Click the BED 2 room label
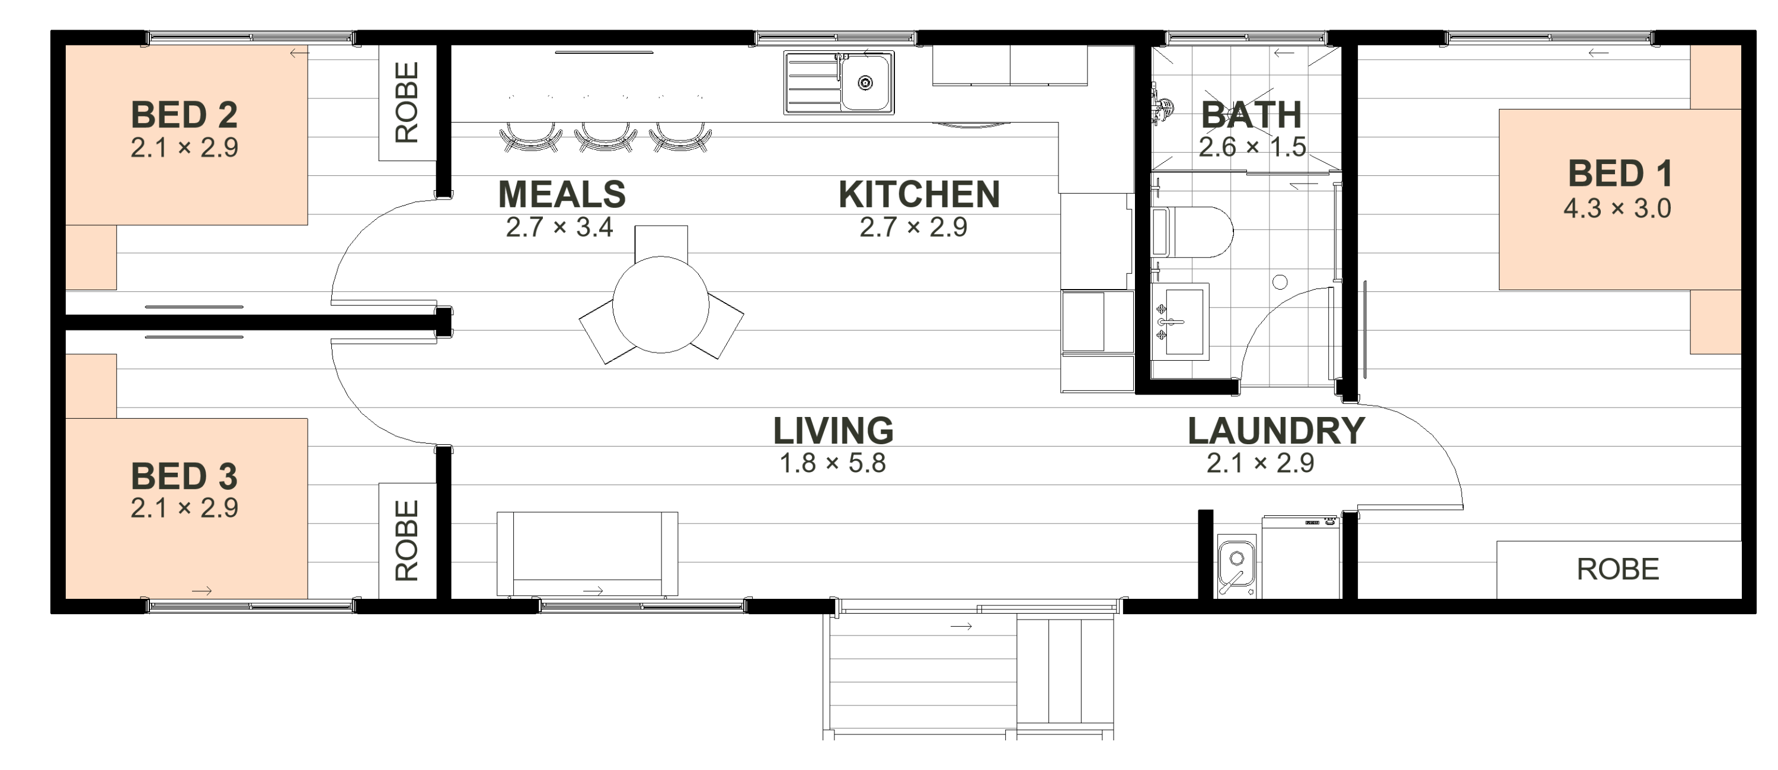pos(184,114)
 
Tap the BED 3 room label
pos(184,476)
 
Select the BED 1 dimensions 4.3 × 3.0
pos(1617,208)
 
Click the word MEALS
pos(562,194)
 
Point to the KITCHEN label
pos(919,194)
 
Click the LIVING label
pos(833,431)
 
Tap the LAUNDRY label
pos(1276,431)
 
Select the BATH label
pos(1251,114)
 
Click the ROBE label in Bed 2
pos(407,103)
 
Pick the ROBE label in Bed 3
pos(407,540)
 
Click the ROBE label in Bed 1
pos(1618,569)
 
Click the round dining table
pos(661,305)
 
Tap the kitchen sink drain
pos(865,84)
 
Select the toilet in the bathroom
pos(1192,232)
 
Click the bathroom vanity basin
pos(1180,322)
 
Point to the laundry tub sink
pos(1236,564)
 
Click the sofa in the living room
pos(587,553)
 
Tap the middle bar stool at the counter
pos(605,137)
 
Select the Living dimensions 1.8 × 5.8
pos(833,463)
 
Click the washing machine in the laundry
pos(1301,557)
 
